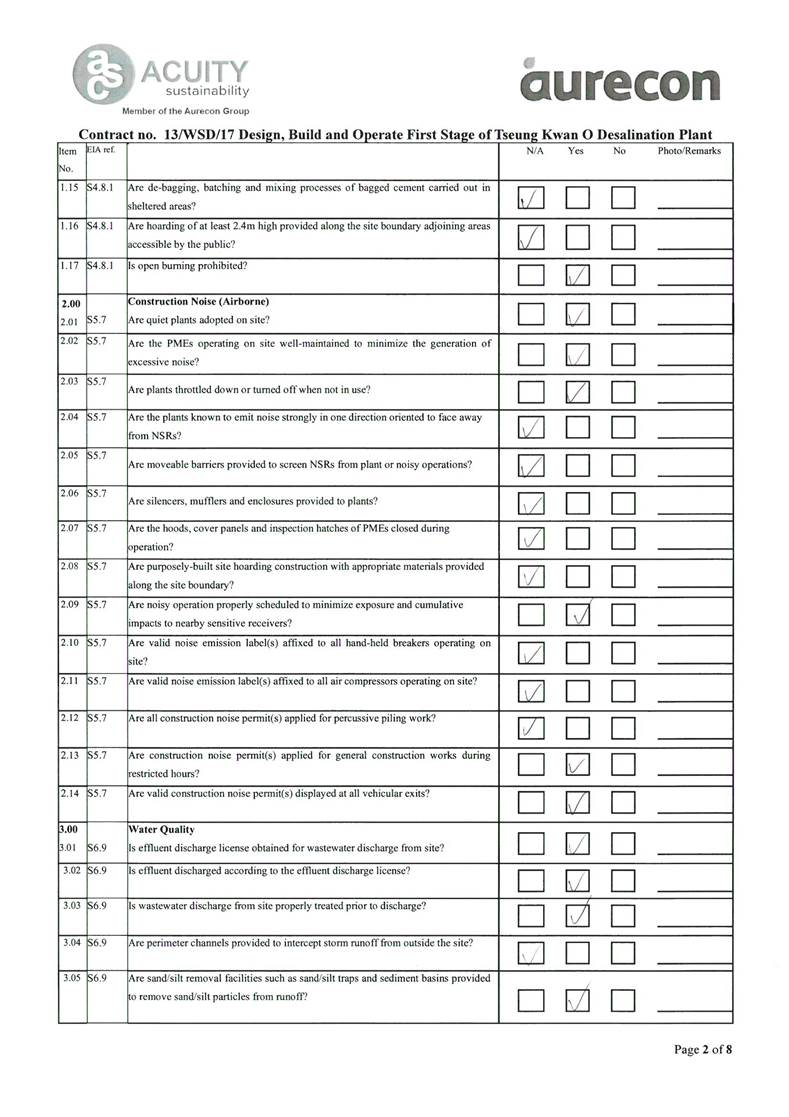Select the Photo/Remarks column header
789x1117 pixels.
689,151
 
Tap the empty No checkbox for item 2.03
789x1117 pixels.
625,393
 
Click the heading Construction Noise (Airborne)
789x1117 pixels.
199,302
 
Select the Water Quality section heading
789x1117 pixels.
161,829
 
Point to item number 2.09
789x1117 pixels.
68,605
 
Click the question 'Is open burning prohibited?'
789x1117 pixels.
189,266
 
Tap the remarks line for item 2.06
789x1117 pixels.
694,508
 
